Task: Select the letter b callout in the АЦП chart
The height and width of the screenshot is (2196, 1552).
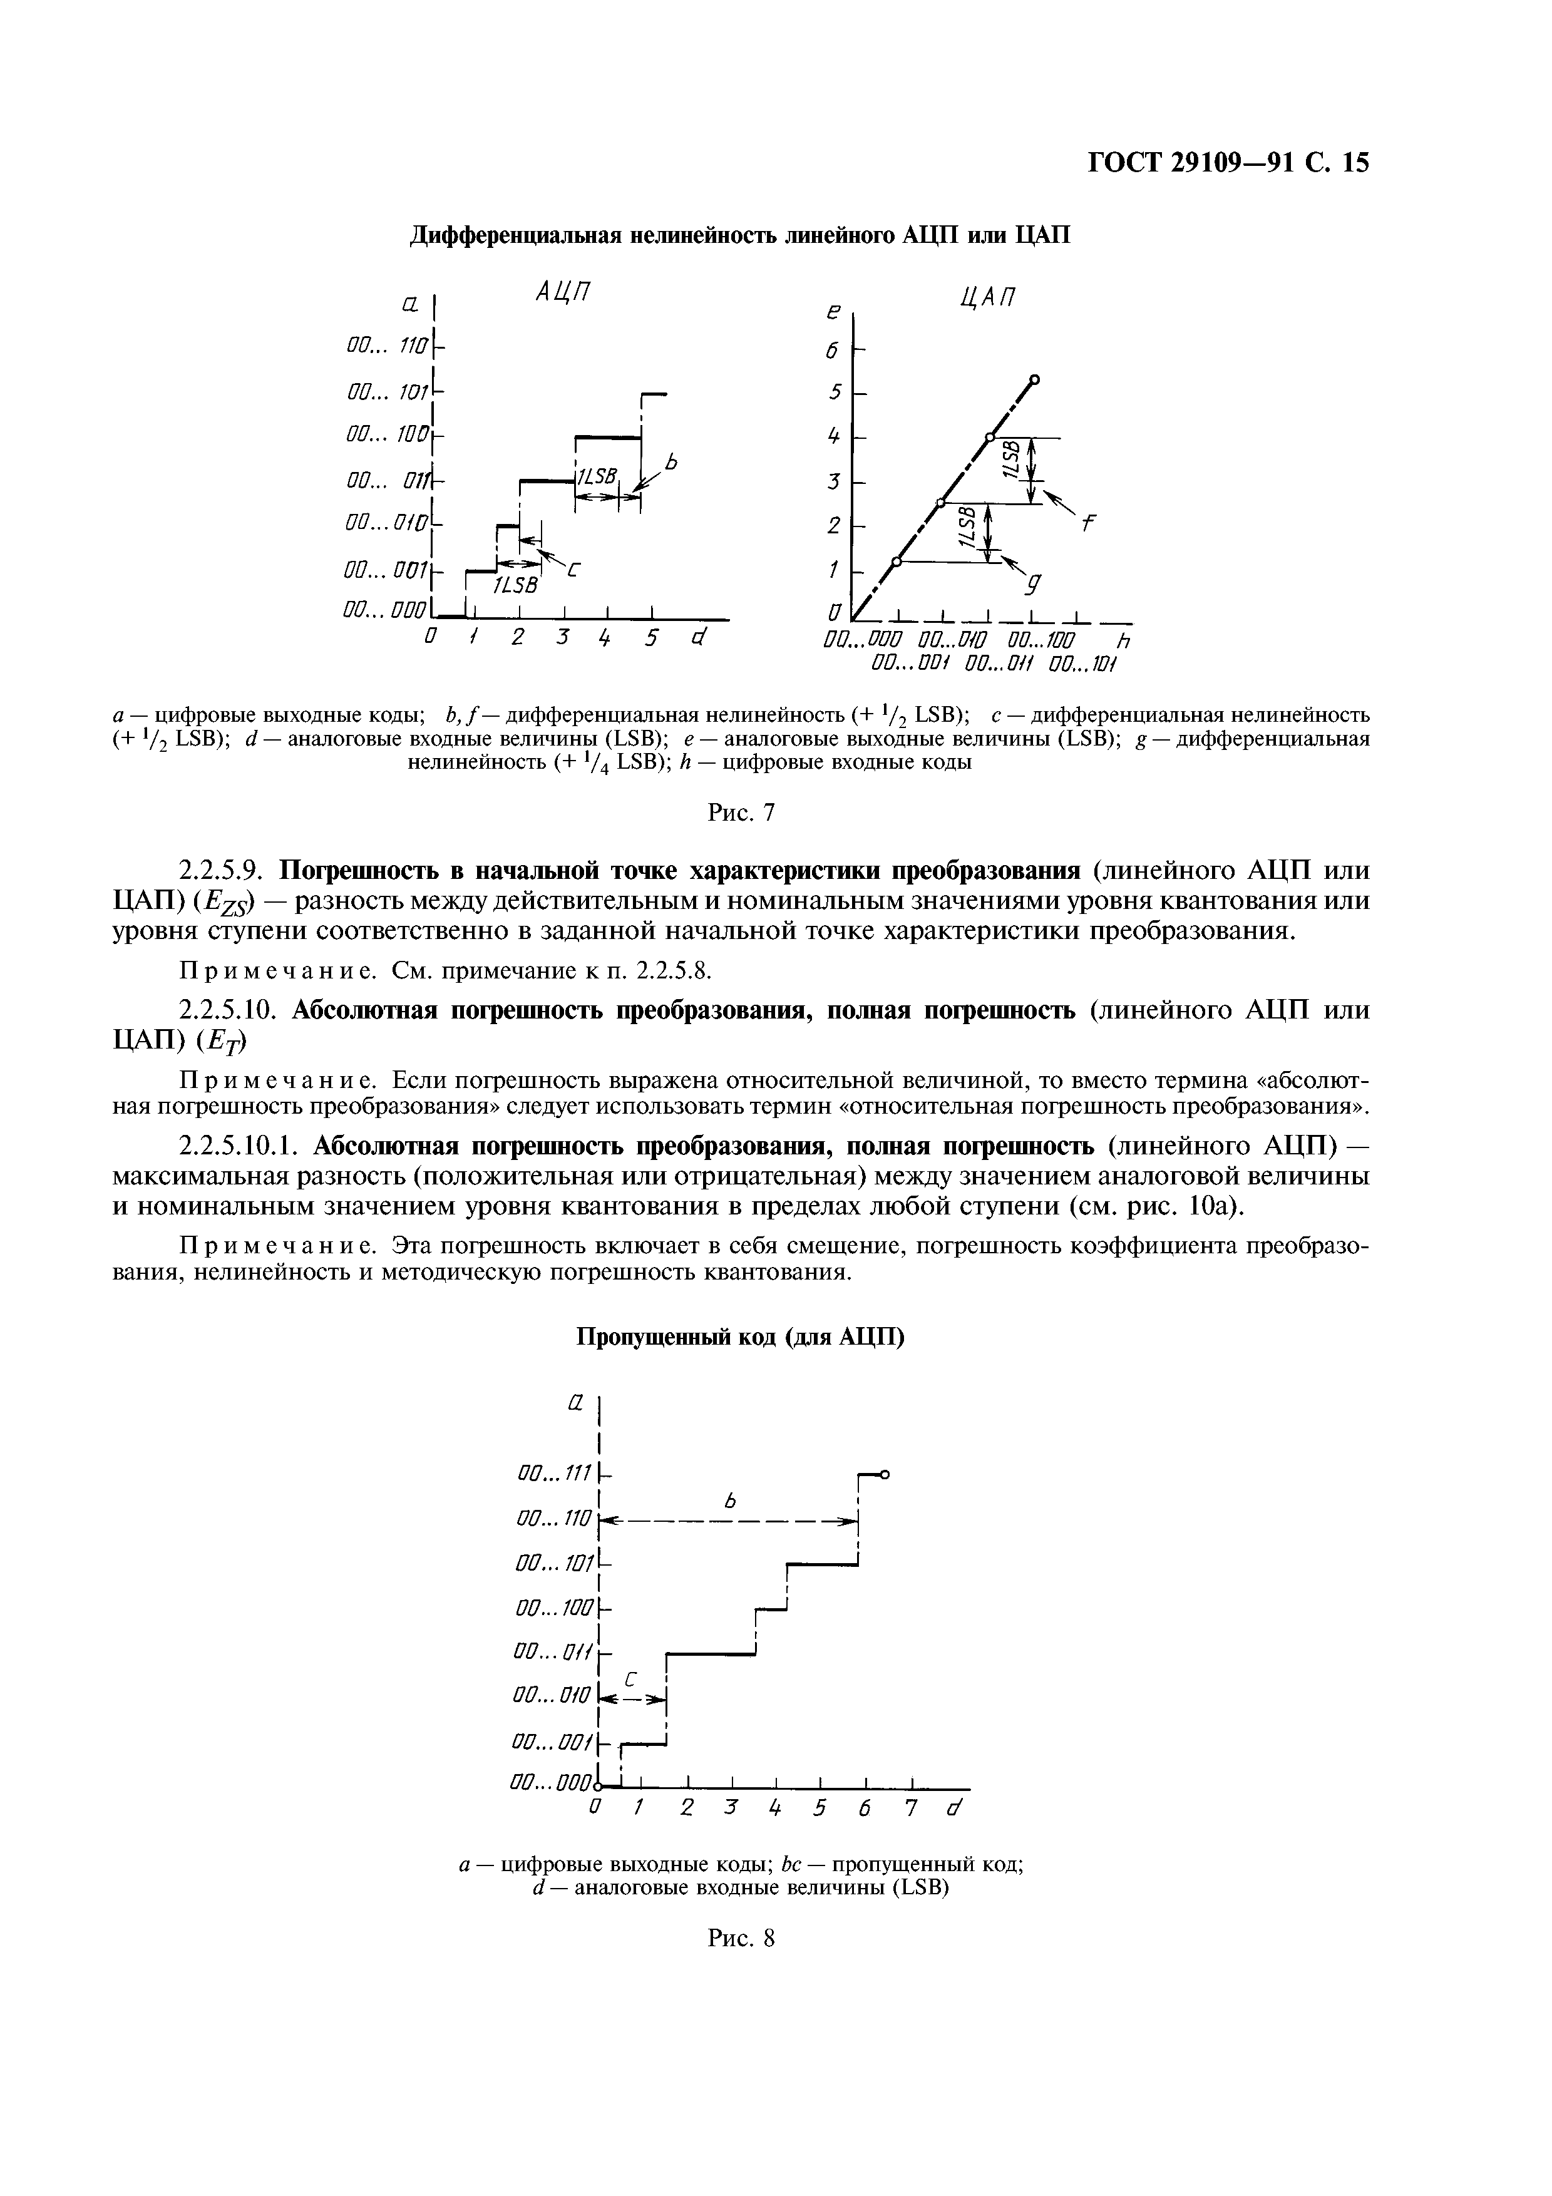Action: point(671,462)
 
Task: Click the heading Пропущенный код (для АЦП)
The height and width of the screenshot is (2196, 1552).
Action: point(739,1336)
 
